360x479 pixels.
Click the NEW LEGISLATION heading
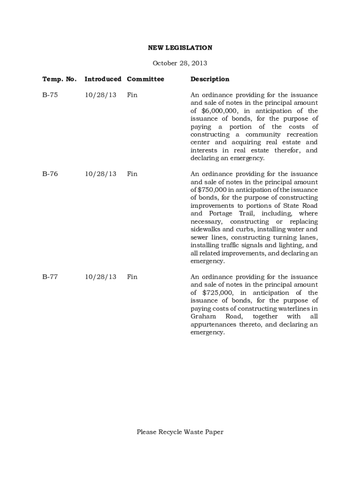click(x=180, y=48)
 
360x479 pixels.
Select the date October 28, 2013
click(x=180, y=63)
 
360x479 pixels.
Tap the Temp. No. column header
click(x=59, y=79)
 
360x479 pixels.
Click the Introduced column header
click(x=103, y=79)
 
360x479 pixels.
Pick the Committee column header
click(x=145, y=79)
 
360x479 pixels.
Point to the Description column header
click(x=210, y=79)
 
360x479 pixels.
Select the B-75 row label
click(x=50, y=95)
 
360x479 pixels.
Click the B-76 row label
click(x=50, y=174)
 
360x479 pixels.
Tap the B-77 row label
click(x=50, y=277)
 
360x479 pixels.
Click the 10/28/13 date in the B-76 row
click(x=101, y=174)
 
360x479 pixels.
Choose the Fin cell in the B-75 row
click(x=132, y=95)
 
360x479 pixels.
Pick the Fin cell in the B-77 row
click(x=132, y=277)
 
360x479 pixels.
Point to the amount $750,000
click(x=212, y=190)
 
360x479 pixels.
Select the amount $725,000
click(x=217, y=293)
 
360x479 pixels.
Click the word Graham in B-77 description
click(x=202, y=317)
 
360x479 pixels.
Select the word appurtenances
click(x=214, y=325)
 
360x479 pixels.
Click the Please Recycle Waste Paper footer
click(x=180, y=432)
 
